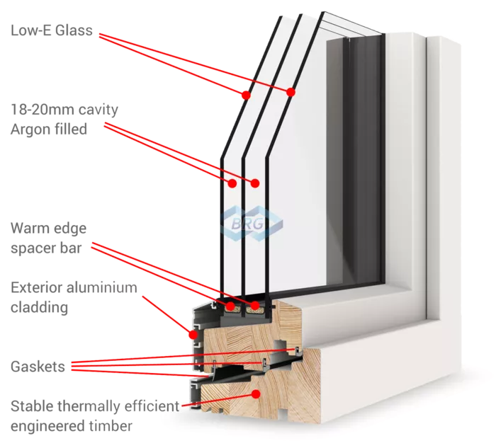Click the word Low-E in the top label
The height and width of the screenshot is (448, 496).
pos(31,30)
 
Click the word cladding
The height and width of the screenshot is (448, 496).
pos(39,308)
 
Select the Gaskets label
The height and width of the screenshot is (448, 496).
pos(38,367)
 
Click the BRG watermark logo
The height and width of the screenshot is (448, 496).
pos(252,224)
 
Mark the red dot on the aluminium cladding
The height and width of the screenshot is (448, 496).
pos(193,334)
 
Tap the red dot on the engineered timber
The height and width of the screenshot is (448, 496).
pos(257,394)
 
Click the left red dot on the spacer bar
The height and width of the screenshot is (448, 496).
pos(230,306)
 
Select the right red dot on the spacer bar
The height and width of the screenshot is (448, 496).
pos(254,305)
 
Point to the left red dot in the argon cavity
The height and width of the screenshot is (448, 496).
pos(232,183)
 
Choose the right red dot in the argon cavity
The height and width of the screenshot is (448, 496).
pos(255,183)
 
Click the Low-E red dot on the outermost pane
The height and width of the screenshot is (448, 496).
pos(246,95)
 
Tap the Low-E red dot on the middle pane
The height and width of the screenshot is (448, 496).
pos(291,92)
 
